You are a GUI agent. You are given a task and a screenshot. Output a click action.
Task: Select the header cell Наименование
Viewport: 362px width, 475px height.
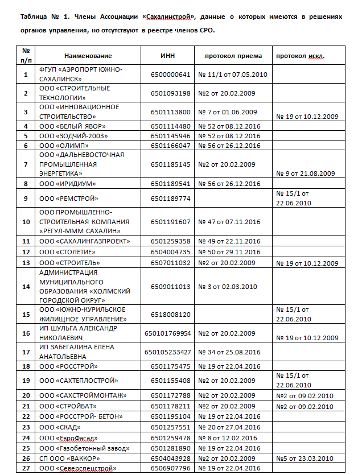(88, 56)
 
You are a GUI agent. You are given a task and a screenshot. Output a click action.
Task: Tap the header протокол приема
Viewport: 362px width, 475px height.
(233, 56)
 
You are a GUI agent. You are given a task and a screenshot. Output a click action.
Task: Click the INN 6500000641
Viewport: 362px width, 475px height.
(171, 75)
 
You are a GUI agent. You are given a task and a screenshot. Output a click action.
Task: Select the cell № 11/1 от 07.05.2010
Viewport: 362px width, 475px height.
(232, 75)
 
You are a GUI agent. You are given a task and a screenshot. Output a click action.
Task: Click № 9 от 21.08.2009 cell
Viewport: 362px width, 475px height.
(305, 174)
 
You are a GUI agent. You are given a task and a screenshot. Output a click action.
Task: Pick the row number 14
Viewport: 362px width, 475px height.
(26, 287)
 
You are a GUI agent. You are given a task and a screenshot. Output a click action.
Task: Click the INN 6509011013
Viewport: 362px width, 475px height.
(171, 287)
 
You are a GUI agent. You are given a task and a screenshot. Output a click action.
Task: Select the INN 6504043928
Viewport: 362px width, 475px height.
(171, 459)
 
